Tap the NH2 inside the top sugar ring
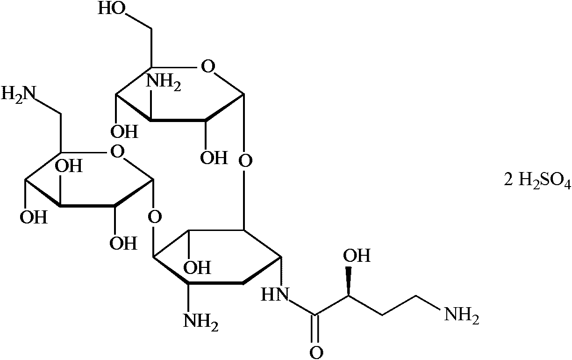[164, 83]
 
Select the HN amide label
[274, 294]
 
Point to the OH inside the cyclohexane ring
[197, 268]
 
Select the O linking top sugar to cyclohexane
[245, 162]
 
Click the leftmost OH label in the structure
[36, 217]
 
